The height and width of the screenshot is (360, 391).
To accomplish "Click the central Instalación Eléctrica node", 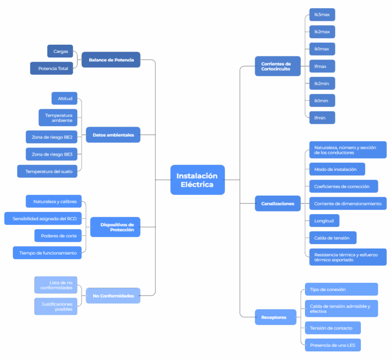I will [x=197, y=180].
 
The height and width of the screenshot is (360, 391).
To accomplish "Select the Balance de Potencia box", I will [x=111, y=60].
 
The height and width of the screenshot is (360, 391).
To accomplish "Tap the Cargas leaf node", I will [x=60, y=51].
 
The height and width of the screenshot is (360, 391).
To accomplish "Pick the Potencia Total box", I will [x=52, y=68].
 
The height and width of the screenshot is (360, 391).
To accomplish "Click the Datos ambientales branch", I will [x=113, y=135].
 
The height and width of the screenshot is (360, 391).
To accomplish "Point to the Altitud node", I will [x=65, y=98].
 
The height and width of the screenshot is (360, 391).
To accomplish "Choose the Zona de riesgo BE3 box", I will [x=51, y=154].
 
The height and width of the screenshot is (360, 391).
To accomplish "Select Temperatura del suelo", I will [x=48, y=171].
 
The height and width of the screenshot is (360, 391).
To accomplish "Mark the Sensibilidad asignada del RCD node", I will [x=43, y=219].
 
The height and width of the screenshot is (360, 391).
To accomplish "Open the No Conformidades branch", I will [x=113, y=295].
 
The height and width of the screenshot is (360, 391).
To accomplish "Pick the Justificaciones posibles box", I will [x=56, y=306].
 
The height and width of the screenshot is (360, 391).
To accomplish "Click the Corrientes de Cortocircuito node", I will [x=275, y=66].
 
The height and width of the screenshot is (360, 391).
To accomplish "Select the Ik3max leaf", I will [x=322, y=15].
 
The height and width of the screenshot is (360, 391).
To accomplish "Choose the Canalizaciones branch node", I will [x=277, y=203].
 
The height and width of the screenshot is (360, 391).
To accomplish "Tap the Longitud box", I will [x=324, y=221].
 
